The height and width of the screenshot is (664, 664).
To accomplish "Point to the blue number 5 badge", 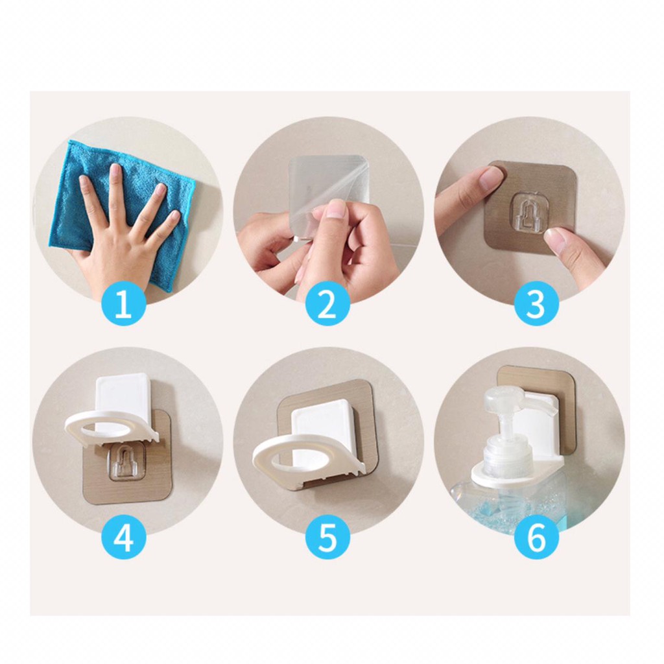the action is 327,539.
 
